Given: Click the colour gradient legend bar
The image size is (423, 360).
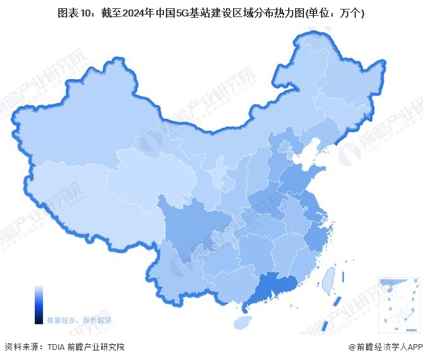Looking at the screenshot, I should tap(39, 304).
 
